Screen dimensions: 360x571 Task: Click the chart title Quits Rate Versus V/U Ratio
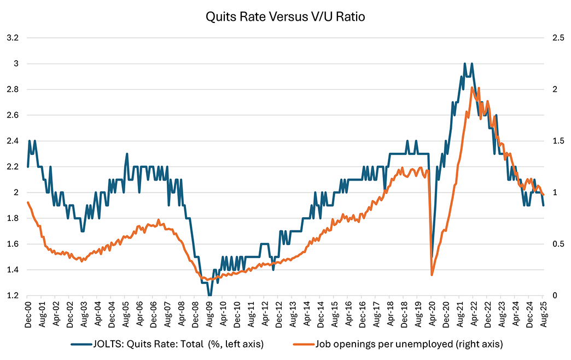[x=285, y=16]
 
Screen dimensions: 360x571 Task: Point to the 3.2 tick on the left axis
[x=12, y=38]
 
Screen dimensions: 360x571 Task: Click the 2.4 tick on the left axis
[x=12, y=141]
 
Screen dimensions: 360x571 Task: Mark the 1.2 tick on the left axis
[x=12, y=295]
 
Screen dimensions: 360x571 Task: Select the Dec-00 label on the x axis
[x=28, y=315]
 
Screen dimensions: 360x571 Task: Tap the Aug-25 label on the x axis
[x=543, y=315]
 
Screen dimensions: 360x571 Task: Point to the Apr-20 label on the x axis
[x=432, y=315]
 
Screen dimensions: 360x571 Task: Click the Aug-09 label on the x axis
[x=209, y=315]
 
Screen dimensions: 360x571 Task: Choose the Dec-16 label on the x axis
[x=362, y=315]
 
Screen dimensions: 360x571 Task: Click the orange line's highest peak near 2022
[x=471, y=88]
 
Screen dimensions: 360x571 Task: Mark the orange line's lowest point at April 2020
[x=432, y=275]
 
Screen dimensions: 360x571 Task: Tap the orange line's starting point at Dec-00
[x=28, y=202]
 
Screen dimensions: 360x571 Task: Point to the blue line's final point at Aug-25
[x=543, y=205]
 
